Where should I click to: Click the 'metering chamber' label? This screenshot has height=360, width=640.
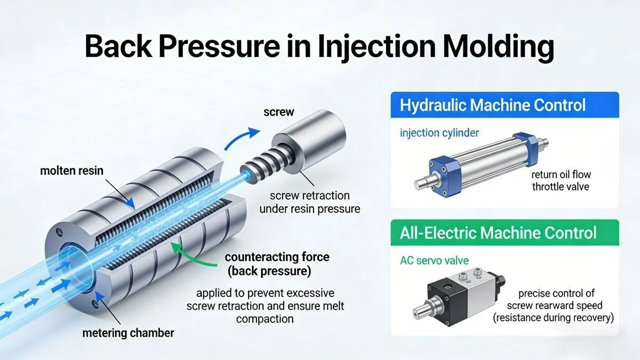pyautogui.click(x=128, y=333)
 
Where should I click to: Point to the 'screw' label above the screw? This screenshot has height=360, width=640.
pyautogui.click(x=278, y=113)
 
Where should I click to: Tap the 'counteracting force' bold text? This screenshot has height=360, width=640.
pyautogui.click(x=277, y=257)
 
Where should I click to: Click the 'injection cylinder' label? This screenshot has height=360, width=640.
pyautogui.click(x=439, y=132)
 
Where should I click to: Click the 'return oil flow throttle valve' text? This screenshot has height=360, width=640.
pyautogui.click(x=560, y=181)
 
